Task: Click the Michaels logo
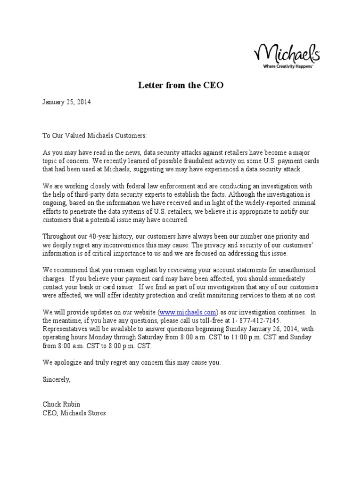click(288, 53)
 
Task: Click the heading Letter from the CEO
click(181, 86)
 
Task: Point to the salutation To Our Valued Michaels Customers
click(95, 136)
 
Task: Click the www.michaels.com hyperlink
click(188, 312)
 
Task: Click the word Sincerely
click(57, 379)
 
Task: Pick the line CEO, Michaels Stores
click(74, 413)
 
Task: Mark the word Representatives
click(65, 329)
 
